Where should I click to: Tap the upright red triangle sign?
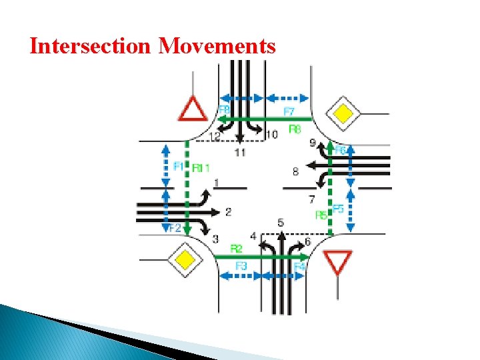tap(194, 109)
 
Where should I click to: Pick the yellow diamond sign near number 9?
tap(342, 114)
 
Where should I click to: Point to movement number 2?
tap(229, 212)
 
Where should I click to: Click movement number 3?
tap(215, 239)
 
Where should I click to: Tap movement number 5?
tap(281, 222)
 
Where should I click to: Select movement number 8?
tap(295, 172)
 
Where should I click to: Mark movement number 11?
tap(240, 153)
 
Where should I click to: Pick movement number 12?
tap(215, 137)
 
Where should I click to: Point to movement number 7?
tap(311, 199)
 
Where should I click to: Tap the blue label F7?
tap(289, 111)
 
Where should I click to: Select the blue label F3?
tap(241, 265)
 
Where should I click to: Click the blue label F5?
tap(338, 209)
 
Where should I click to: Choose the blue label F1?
tap(178, 166)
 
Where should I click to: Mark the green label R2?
tap(236, 248)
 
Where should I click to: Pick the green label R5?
tap(321, 215)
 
